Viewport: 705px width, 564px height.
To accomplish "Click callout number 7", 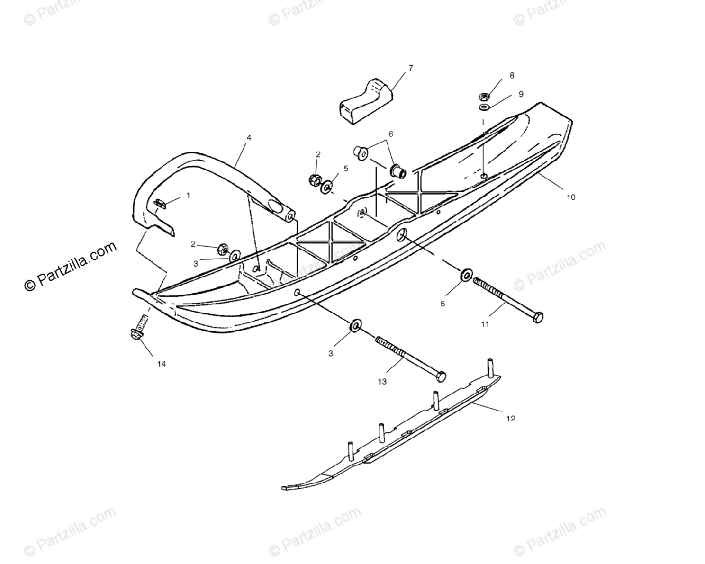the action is (410, 68).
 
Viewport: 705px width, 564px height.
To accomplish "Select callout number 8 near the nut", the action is (512, 76).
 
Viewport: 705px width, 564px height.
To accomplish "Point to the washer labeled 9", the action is (483, 108).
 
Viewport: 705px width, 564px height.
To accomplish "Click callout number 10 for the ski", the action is (570, 197).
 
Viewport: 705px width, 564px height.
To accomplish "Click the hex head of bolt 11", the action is (536, 317).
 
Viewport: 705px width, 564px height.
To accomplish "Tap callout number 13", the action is (382, 381).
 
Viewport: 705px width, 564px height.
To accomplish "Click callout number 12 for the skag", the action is (511, 418).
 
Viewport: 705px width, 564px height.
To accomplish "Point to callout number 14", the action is (161, 364).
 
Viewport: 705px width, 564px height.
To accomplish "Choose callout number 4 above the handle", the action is (249, 137).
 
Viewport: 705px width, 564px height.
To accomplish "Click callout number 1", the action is (188, 195).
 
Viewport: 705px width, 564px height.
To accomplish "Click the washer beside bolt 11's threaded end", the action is (466, 274).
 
